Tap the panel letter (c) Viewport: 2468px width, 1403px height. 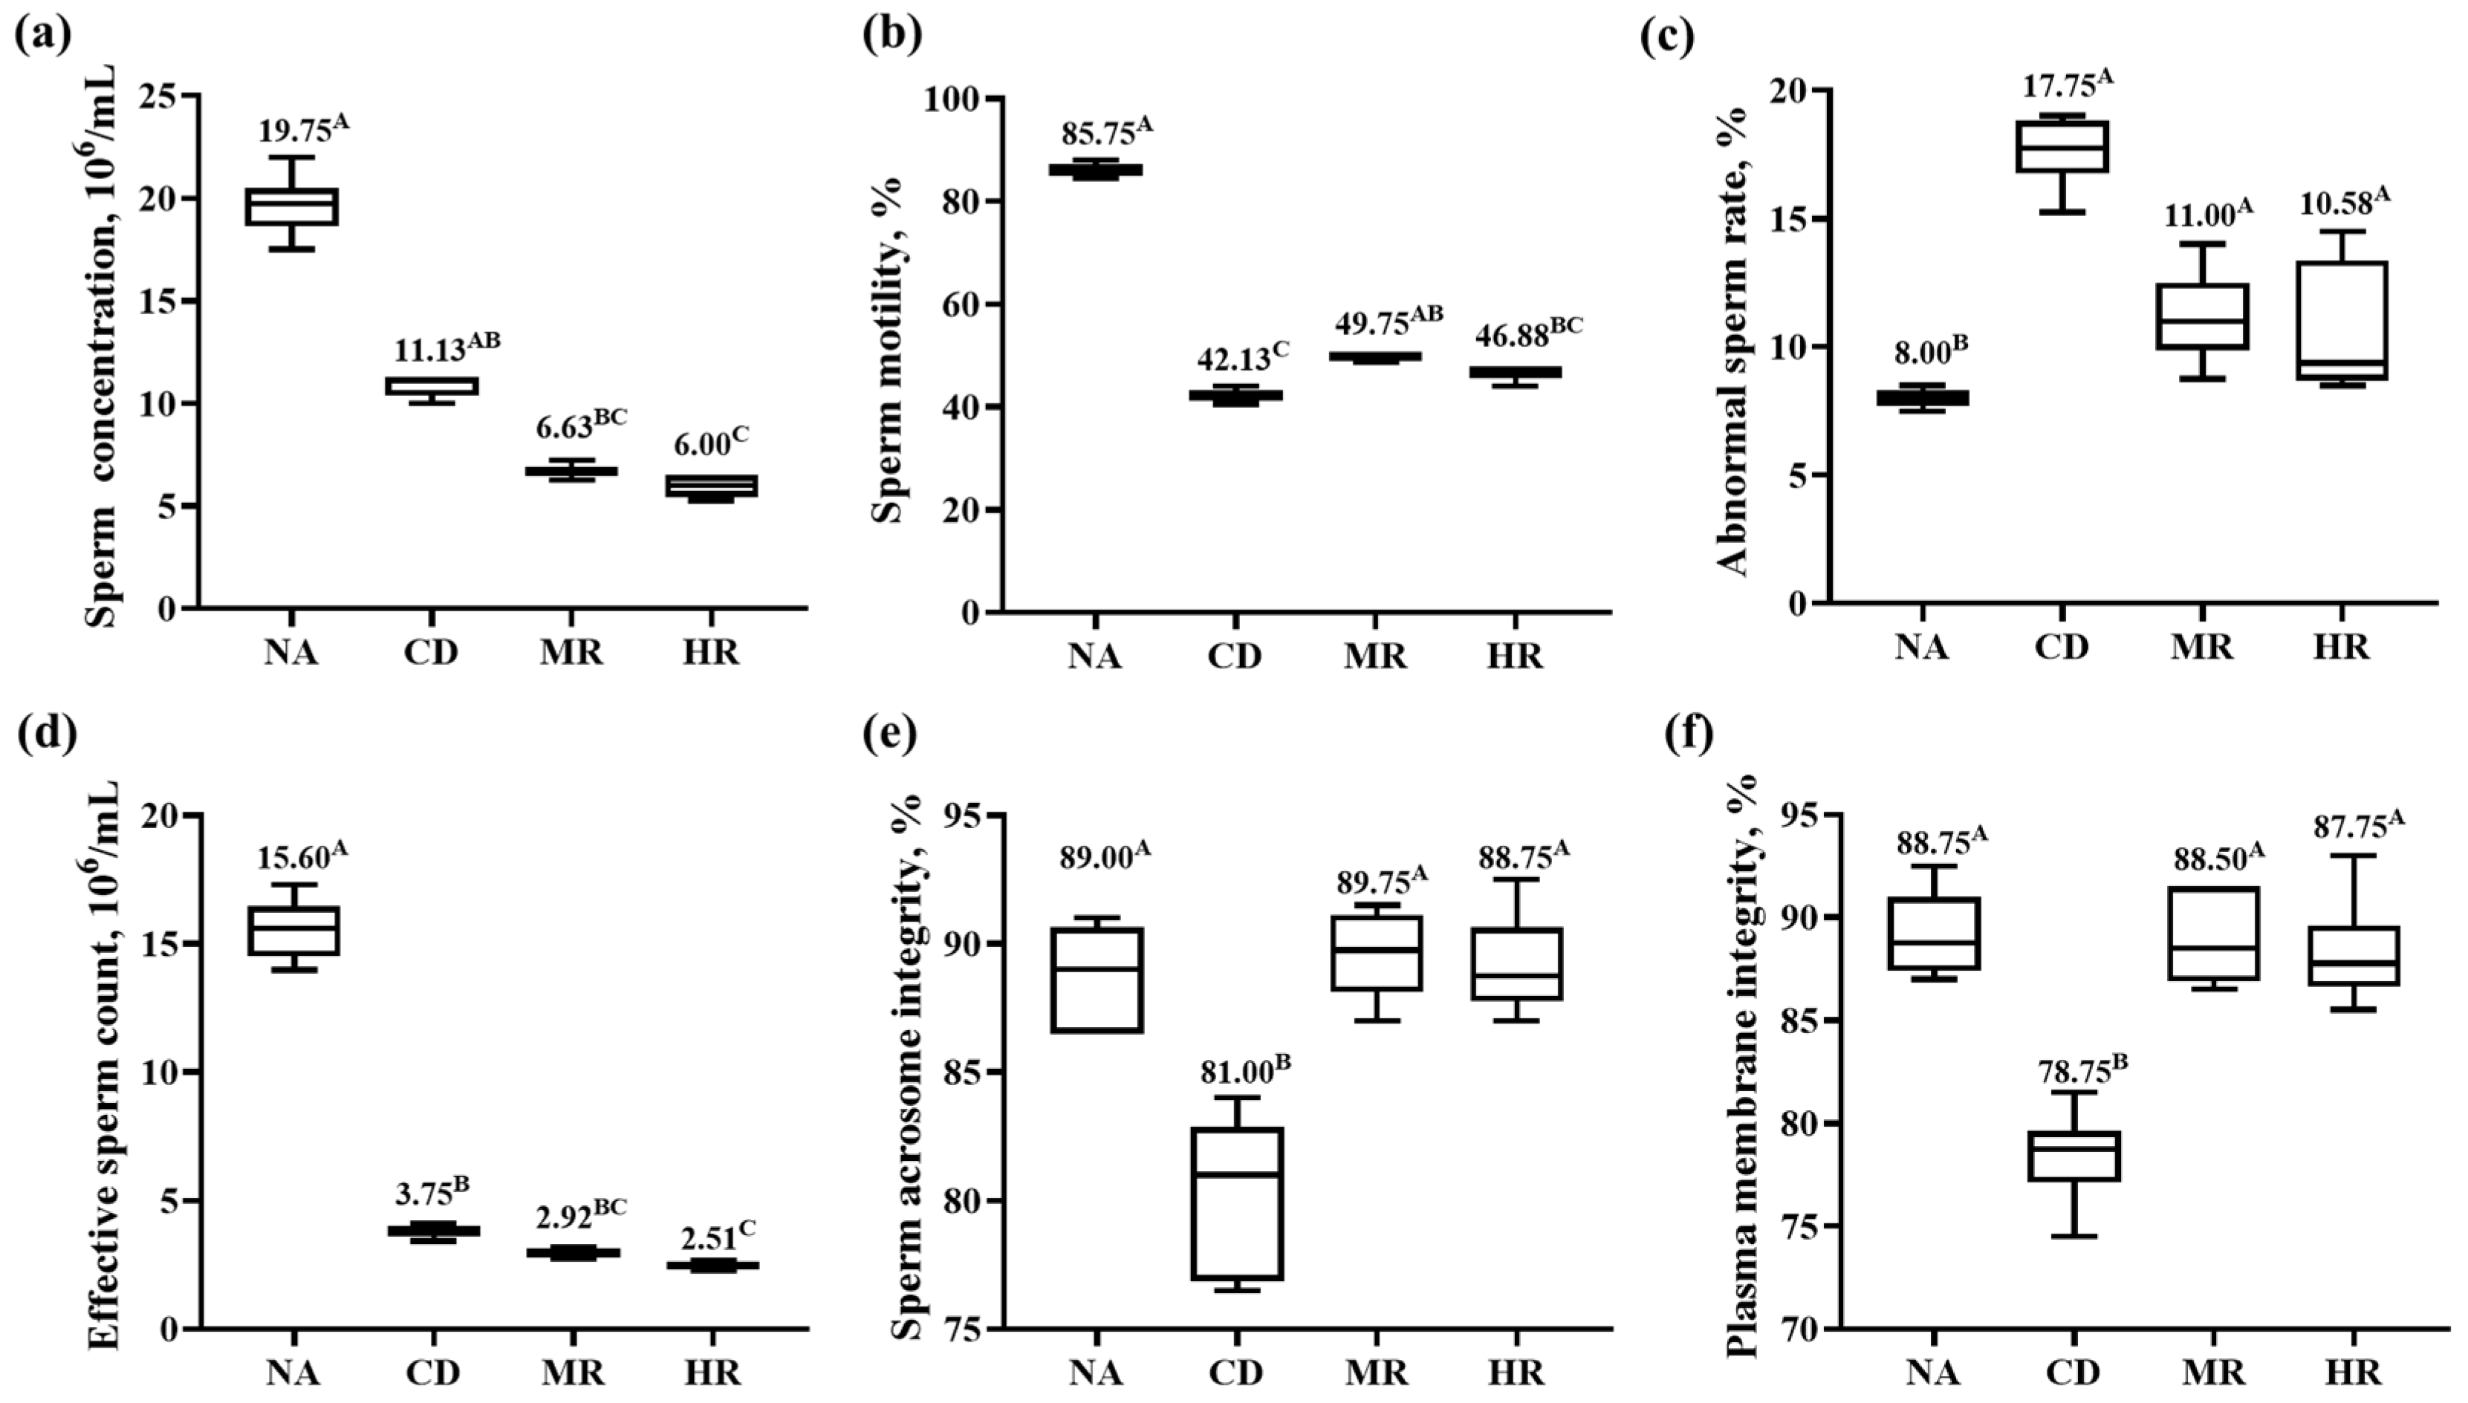click(x=1668, y=36)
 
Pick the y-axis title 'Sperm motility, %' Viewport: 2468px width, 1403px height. click(x=886, y=350)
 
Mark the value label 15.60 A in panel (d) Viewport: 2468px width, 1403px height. click(x=302, y=855)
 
